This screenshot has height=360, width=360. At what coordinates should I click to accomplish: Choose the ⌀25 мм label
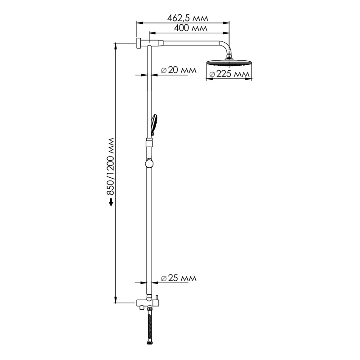click(179, 279)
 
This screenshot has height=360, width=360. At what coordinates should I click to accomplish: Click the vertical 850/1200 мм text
click(111, 166)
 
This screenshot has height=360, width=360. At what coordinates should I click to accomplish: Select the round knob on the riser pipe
click(149, 163)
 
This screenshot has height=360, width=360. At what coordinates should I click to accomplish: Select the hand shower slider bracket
click(149, 143)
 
